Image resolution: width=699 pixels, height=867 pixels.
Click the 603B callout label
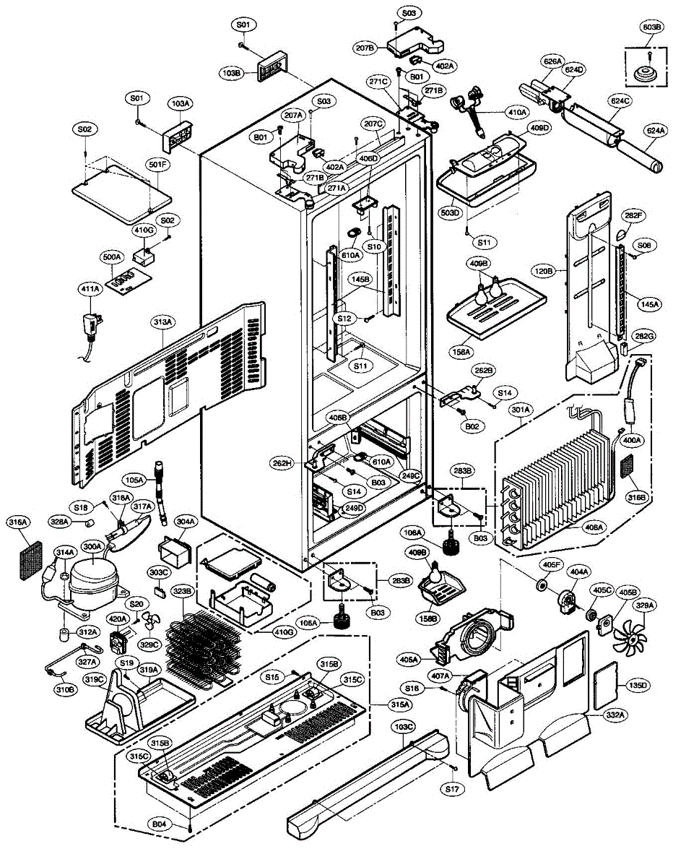pyautogui.click(x=651, y=27)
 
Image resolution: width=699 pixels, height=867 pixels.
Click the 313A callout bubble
pyautogui.click(x=163, y=322)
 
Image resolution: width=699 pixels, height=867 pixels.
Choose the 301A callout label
pyautogui.click(x=521, y=410)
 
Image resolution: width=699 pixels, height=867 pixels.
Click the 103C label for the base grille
pyautogui.click(x=404, y=727)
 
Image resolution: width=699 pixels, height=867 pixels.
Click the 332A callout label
pyautogui.click(x=616, y=714)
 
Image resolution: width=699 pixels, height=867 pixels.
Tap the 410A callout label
pyautogui.click(x=518, y=113)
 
